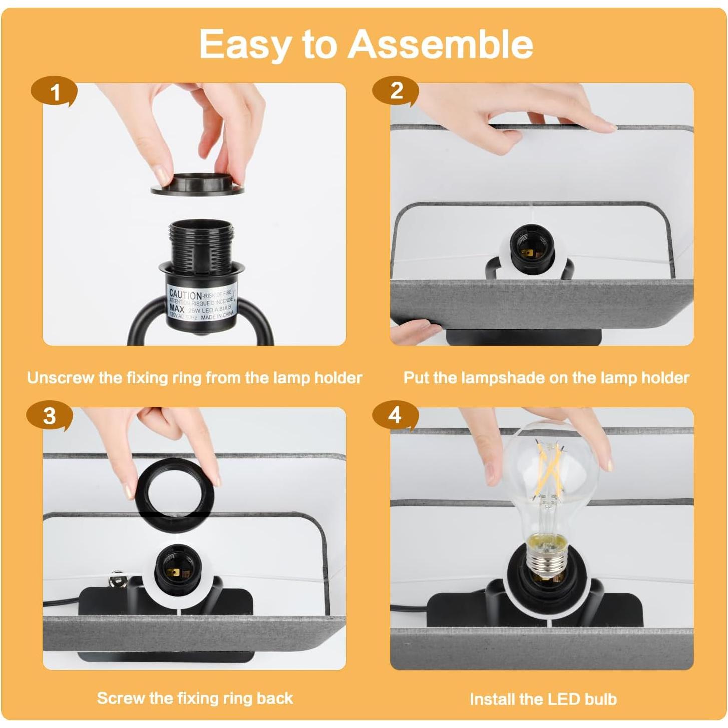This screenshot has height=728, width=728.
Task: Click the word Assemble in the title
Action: (x=441, y=44)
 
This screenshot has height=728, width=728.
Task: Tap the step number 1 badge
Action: (x=54, y=92)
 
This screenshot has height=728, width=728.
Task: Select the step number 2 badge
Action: (x=396, y=91)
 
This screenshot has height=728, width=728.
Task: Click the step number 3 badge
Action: (x=49, y=416)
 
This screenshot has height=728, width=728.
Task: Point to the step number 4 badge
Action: (x=395, y=415)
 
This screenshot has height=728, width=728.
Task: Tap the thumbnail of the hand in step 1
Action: (x=162, y=174)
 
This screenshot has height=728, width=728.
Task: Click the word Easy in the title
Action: (x=244, y=44)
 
